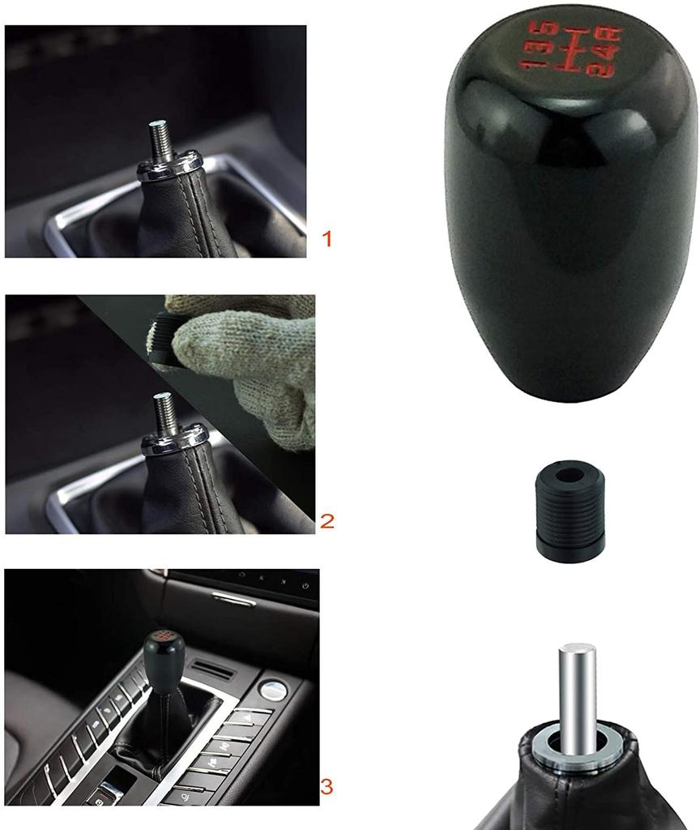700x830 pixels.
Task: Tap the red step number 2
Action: (x=327, y=520)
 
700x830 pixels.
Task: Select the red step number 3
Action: (x=327, y=785)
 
